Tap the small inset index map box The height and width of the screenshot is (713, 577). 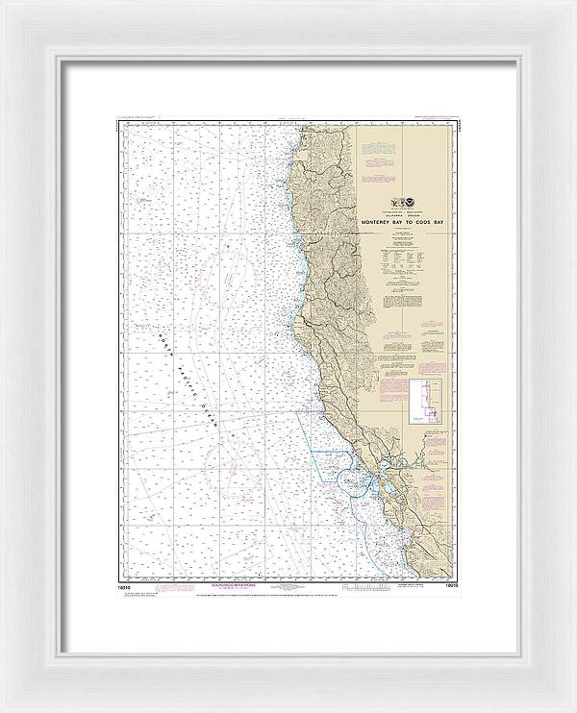pyautogui.click(x=420, y=401)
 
